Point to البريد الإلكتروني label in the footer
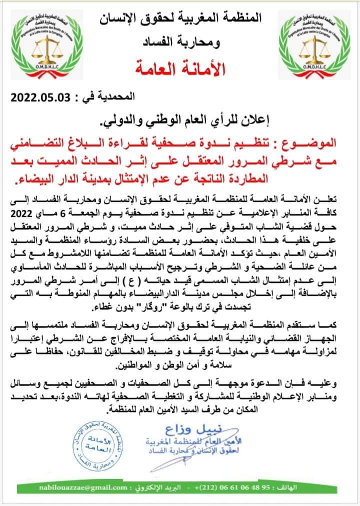click(147, 486)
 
